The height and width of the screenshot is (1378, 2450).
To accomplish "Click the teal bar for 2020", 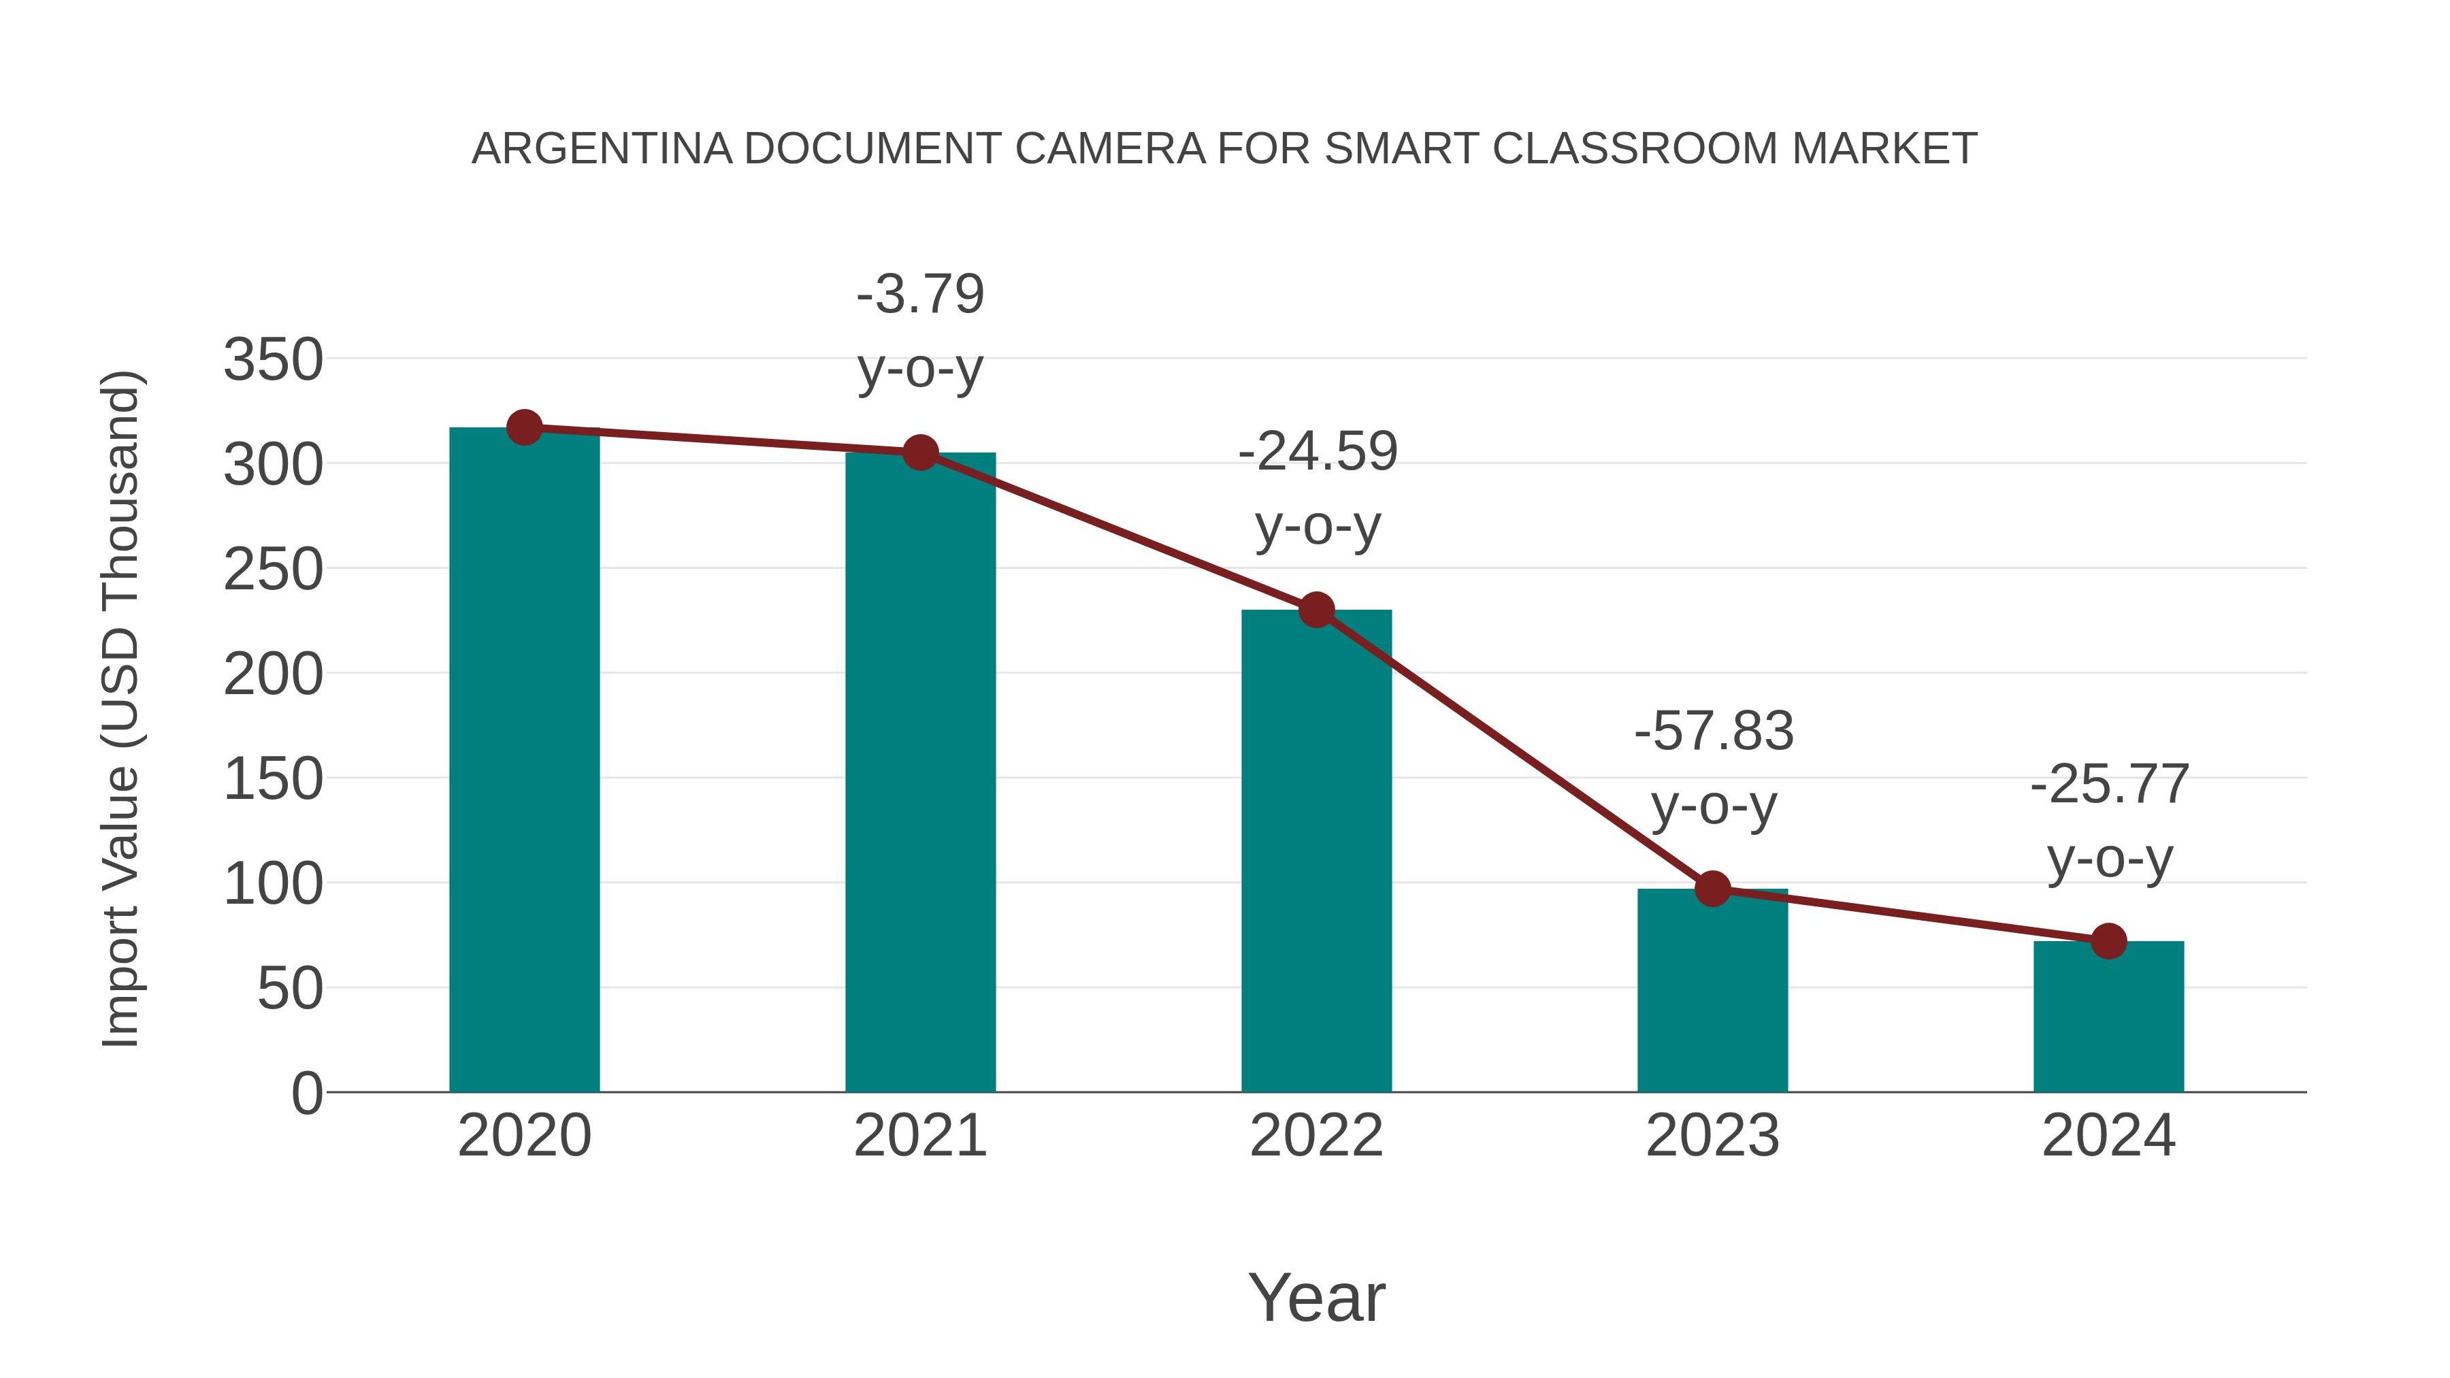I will (x=524, y=761).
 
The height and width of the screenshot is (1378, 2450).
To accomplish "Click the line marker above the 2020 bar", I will (x=524, y=428).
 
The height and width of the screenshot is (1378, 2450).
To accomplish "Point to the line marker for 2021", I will (x=919, y=453).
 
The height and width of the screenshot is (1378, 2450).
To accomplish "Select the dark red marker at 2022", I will (x=1316, y=610).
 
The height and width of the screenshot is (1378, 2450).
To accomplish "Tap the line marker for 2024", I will (x=2108, y=942).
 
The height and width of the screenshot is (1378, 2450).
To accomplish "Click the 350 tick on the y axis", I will (x=273, y=361).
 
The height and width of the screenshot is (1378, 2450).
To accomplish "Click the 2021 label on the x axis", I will (x=919, y=1136).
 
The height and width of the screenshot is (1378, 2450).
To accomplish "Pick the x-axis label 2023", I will (x=1712, y=1136).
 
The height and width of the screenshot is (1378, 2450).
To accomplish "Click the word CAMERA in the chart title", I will (x=1110, y=148).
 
